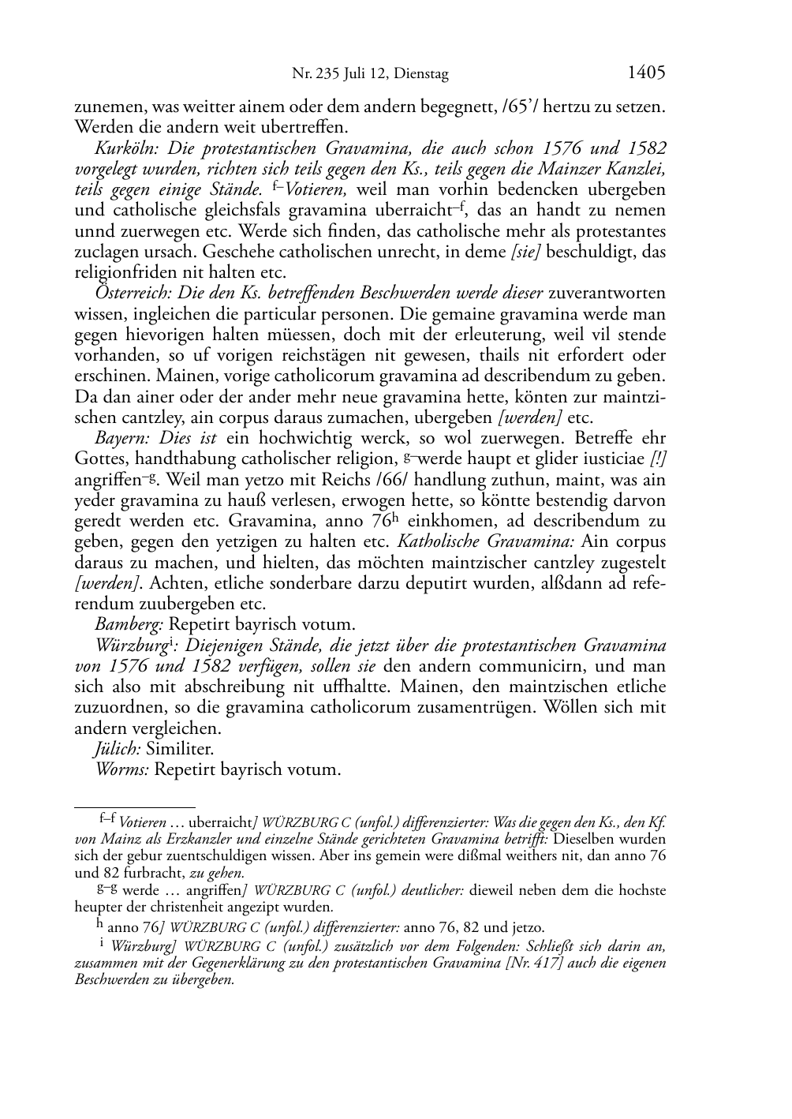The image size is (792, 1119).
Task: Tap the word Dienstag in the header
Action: [422, 75]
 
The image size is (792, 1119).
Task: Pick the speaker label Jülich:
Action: [118, 748]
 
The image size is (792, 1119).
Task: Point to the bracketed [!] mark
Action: [657, 459]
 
